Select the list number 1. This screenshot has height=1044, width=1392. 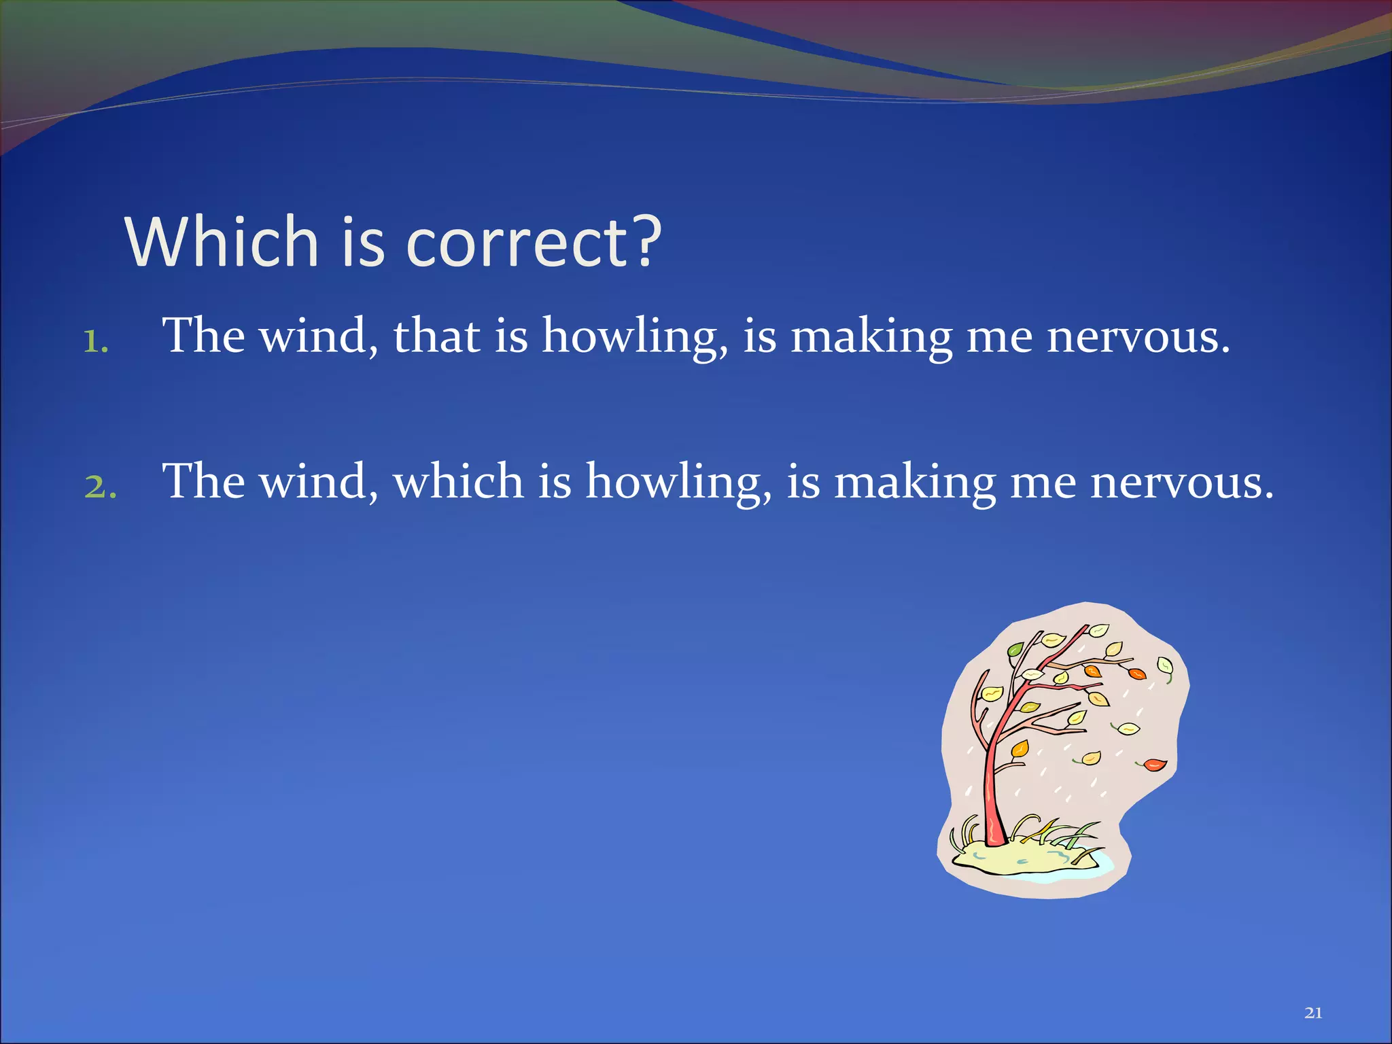click(x=95, y=342)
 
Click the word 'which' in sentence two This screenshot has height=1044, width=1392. click(x=458, y=481)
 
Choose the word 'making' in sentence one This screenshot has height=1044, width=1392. click(x=871, y=336)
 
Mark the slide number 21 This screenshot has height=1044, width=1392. click(x=1313, y=1013)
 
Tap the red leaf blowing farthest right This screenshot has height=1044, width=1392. click(x=1154, y=765)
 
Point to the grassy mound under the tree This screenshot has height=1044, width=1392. click(x=1020, y=858)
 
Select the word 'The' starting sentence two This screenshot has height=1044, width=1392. click(x=203, y=481)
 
